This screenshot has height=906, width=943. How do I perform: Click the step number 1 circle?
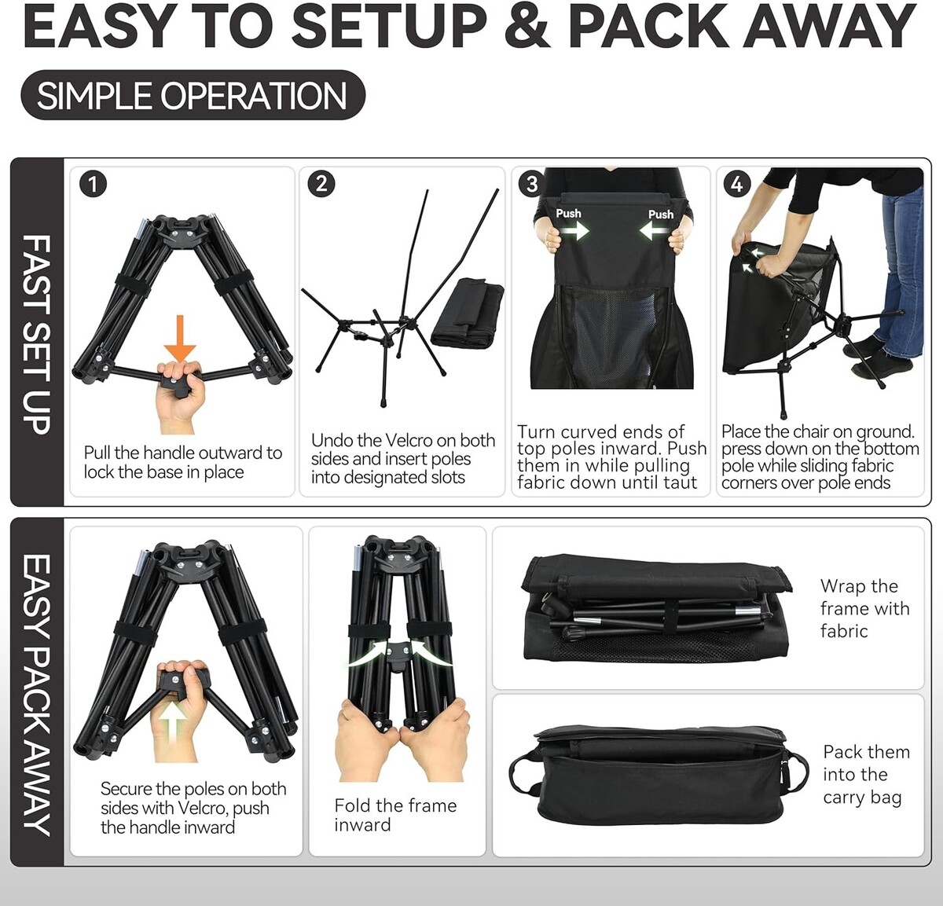[93, 184]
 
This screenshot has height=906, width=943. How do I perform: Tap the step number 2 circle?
[321, 184]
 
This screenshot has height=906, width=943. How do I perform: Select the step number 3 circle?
[532, 184]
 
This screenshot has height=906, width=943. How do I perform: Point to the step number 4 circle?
[736, 184]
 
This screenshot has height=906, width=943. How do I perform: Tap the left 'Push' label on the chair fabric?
[568, 213]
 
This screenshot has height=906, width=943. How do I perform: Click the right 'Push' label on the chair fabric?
[660, 215]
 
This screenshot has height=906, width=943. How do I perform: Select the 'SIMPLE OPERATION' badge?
[193, 95]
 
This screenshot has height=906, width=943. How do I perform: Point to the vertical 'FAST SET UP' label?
[37, 334]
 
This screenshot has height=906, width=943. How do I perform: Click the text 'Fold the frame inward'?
[395, 815]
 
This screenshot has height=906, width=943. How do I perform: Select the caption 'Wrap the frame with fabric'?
[865, 608]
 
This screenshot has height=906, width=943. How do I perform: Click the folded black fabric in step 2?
[467, 312]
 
